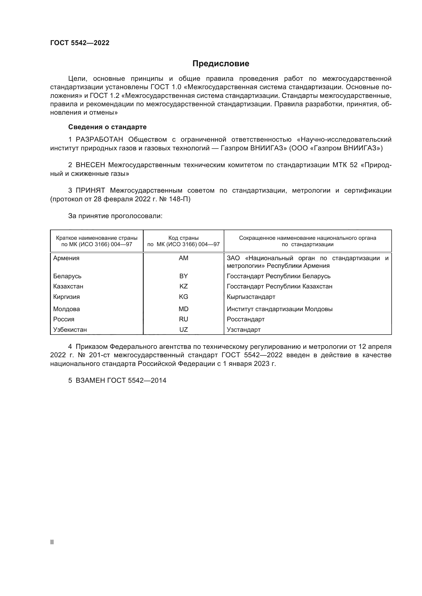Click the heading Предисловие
pyautogui.click(x=221, y=64)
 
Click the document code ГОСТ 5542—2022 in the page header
pyautogui.click(x=80, y=43)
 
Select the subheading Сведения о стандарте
pyautogui.click(x=107, y=127)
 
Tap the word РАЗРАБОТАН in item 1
pyautogui.click(x=100, y=140)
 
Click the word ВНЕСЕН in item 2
pyautogui.click(x=90, y=165)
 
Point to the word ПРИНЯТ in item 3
pyautogui.click(x=90, y=191)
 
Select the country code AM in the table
pyautogui.click(x=183, y=258)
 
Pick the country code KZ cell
pyautogui.click(x=183, y=286)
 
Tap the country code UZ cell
pyautogui.click(x=183, y=330)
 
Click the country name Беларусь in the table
pyautogui.click(x=67, y=276)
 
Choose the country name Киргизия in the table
pyautogui.click(x=67, y=297)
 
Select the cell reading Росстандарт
pyautogui.click(x=245, y=319)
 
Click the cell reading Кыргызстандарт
pyautogui.click(x=251, y=297)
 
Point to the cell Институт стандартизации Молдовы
pyautogui.click(x=280, y=309)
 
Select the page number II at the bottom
pyautogui.click(x=52, y=542)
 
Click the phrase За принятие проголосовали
pyautogui.click(x=115, y=216)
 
